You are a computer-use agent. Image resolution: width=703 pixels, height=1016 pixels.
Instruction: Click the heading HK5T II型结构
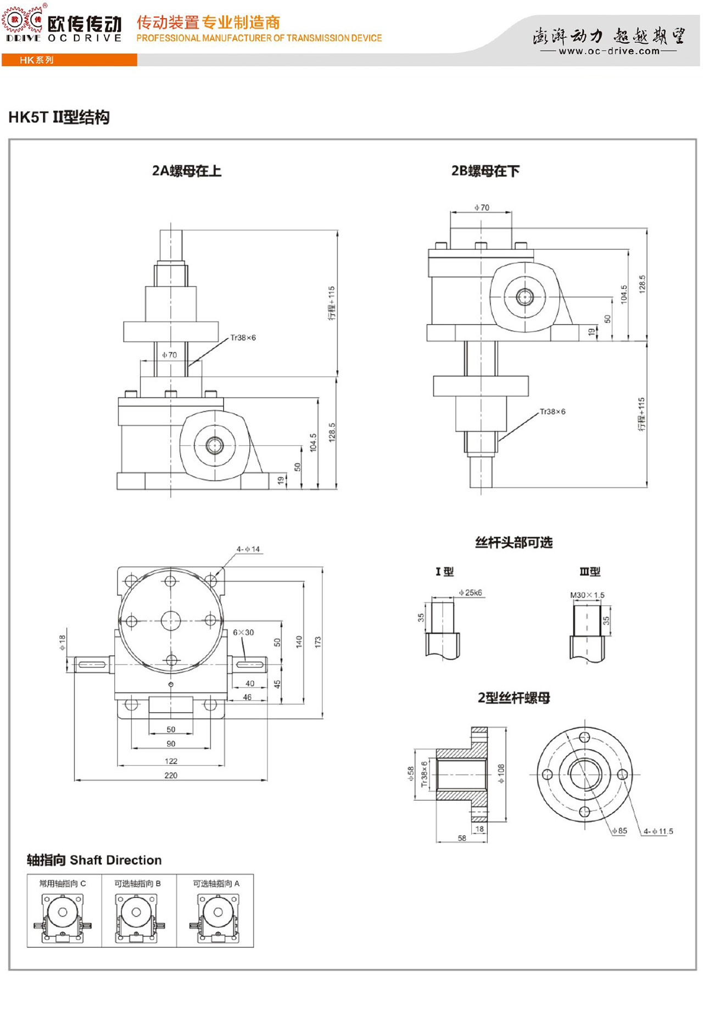tap(59, 118)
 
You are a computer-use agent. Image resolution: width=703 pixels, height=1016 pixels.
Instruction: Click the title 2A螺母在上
tap(187, 171)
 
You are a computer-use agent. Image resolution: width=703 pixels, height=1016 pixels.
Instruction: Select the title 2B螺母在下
tap(485, 171)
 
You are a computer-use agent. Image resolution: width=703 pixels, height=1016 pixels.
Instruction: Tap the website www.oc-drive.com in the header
tap(609, 51)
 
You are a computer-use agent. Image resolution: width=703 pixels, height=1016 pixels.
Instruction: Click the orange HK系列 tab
tap(37, 60)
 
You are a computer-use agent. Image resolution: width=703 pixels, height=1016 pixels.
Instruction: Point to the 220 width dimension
tap(171, 775)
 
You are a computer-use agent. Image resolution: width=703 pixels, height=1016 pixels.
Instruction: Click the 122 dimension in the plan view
tap(171, 761)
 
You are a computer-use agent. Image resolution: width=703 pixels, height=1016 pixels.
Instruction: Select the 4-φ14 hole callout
tap(248, 549)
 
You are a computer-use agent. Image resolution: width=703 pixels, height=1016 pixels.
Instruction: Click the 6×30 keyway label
tap(243, 633)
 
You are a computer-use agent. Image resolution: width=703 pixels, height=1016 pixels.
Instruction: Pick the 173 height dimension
tap(317, 643)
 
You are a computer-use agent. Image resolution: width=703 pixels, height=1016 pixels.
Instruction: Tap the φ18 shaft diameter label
tap(63, 643)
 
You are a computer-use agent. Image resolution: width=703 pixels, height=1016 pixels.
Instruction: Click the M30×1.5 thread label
tap(587, 595)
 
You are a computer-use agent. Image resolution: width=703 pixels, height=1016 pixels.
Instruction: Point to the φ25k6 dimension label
tap(471, 593)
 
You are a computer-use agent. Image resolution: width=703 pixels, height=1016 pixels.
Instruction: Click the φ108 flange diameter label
tap(500, 773)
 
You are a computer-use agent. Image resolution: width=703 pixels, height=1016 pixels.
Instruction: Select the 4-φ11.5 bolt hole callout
tap(659, 831)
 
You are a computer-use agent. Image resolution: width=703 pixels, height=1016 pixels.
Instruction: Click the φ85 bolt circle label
tap(619, 831)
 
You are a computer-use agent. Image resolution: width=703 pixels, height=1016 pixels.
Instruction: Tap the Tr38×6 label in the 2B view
tap(553, 411)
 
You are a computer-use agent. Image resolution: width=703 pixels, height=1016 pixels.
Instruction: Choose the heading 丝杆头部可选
tap(514, 543)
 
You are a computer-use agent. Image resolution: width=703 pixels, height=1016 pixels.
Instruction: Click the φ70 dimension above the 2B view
tap(482, 208)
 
